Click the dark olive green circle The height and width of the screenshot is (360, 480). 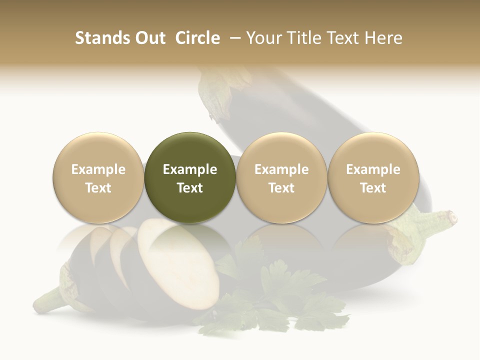pyautogui.click(x=190, y=178)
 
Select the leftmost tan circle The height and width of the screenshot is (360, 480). pyautogui.click(x=98, y=178)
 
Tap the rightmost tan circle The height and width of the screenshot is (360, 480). pyautogui.click(x=373, y=178)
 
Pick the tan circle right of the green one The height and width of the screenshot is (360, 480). pyautogui.click(x=281, y=178)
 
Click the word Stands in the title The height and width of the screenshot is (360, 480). pyautogui.click(x=103, y=38)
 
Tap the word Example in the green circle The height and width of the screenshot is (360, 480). pyautogui.click(x=190, y=169)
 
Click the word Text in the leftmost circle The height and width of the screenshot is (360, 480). pyautogui.click(x=98, y=188)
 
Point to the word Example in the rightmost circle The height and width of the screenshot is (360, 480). pyautogui.click(x=373, y=169)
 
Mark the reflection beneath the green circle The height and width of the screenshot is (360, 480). pyautogui.click(x=190, y=235)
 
